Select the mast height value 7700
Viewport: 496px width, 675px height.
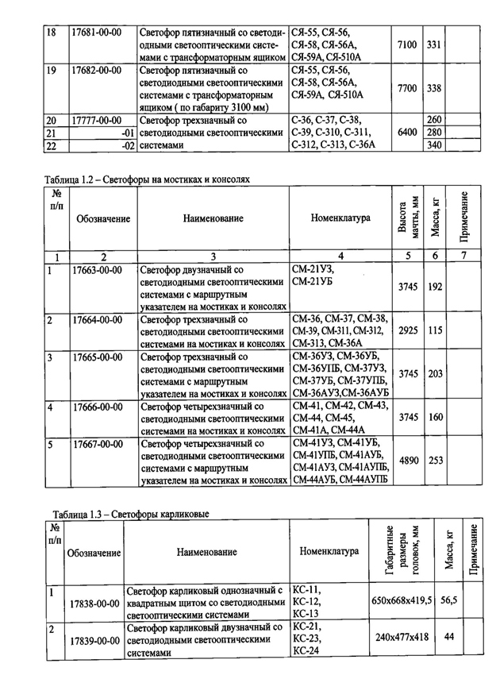pyautogui.click(x=407, y=88)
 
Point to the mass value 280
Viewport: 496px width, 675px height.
pyautogui.click(x=434, y=132)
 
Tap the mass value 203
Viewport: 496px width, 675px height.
pyautogui.click(x=435, y=373)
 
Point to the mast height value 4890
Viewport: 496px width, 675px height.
pyautogui.click(x=407, y=460)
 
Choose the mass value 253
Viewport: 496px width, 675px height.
pyautogui.click(x=435, y=460)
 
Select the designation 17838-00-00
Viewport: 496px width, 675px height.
pyautogui.click(x=94, y=603)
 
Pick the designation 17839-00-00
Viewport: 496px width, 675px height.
pyautogui.click(x=94, y=640)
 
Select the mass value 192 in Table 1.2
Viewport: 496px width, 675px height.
pyautogui.click(x=435, y=287)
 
